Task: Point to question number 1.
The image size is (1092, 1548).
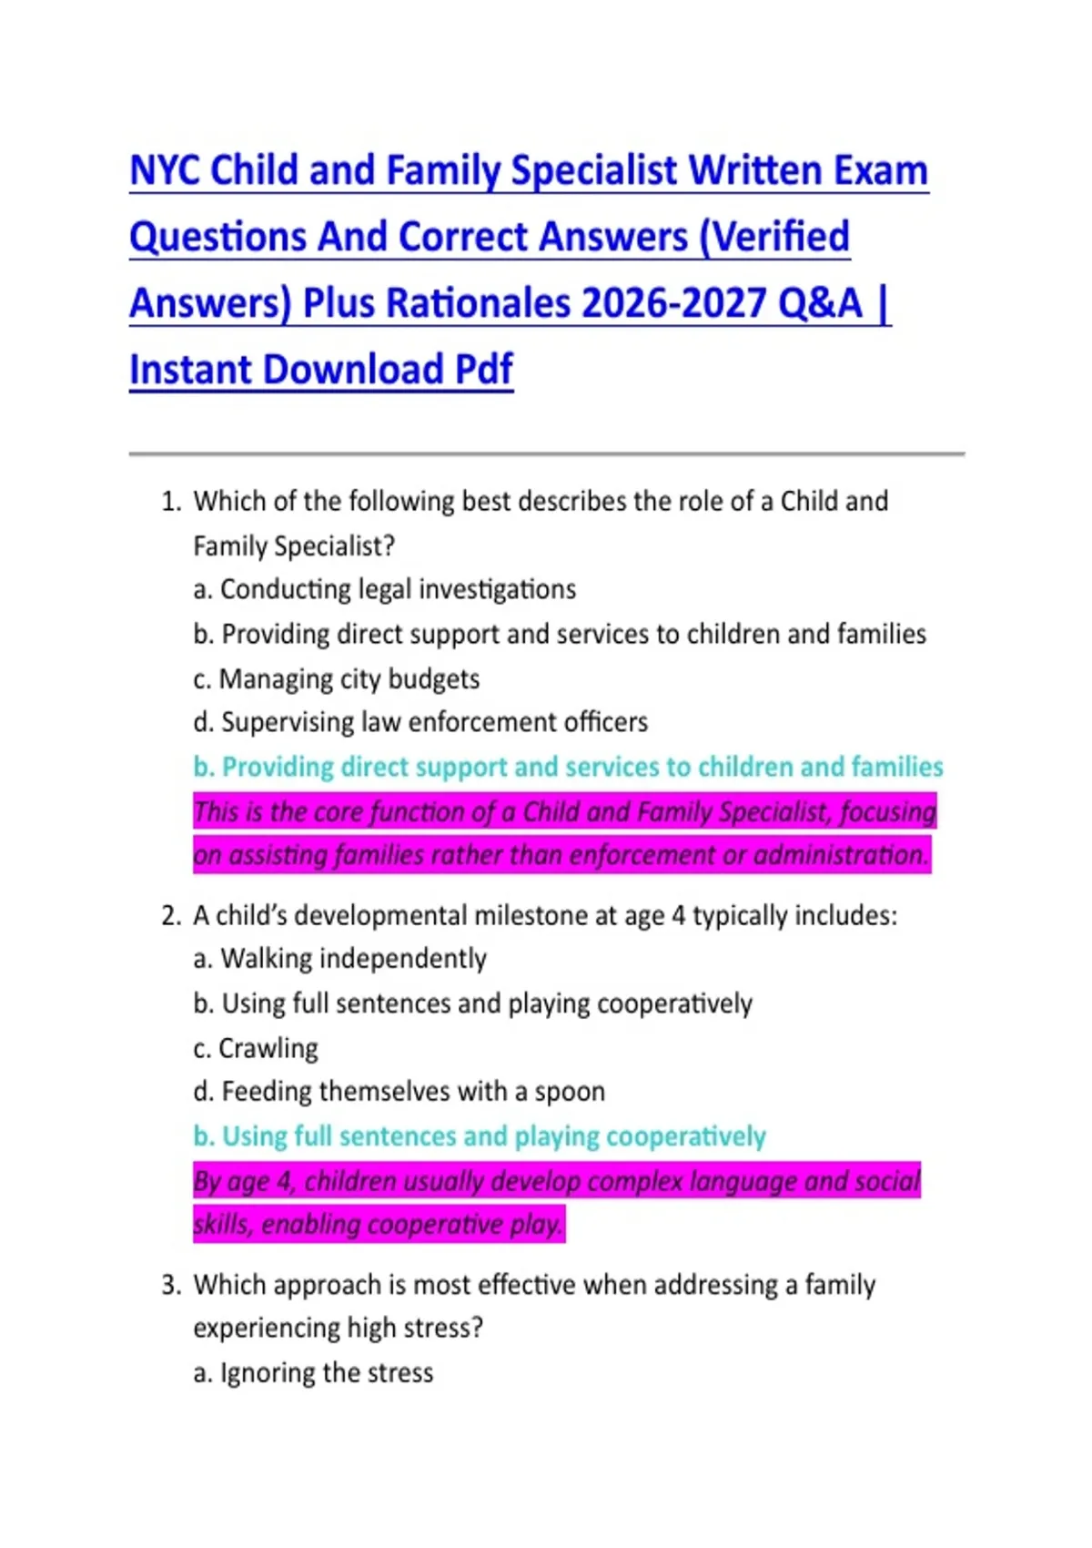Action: coord(171,502)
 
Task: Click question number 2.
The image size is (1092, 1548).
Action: coord(171,916)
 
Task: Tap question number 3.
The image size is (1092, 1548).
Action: coord(171,1286)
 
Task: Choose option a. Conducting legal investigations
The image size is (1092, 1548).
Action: coord(385,590)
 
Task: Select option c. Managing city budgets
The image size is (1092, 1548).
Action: coord(336,679)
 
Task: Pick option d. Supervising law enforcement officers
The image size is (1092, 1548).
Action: coord(420,723)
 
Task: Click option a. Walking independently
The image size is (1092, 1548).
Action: coord(340,959)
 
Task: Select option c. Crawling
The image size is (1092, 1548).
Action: coord(256,1049)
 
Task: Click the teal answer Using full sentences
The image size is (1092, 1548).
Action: coord(480,1137)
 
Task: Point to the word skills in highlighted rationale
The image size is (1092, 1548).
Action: coord(223,1225)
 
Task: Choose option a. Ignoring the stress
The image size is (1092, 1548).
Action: coord(313,1373)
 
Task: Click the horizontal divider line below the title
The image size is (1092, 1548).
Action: coord(546,453)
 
